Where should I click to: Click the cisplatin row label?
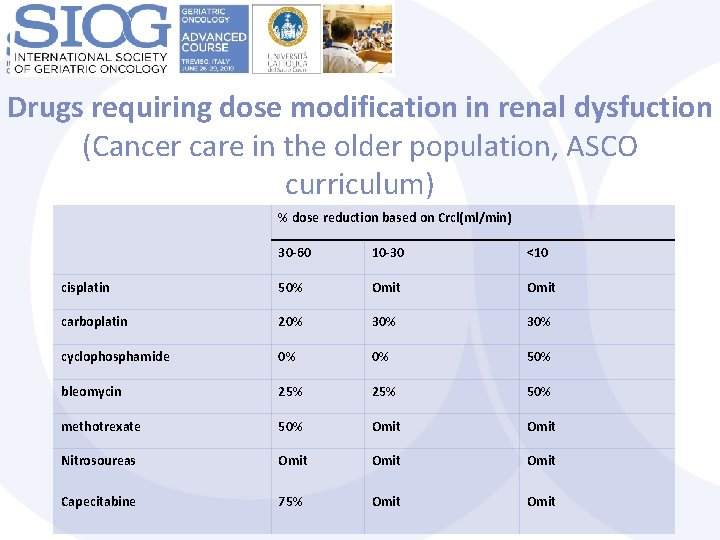pyautogui.click(x=85, y=288)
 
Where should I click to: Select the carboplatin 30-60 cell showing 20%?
pyautogui.click(x=292, y=322)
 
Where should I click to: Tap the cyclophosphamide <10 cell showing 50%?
pyautogui.click(x=539, y=357)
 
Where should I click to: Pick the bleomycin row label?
pyautogui.click(x=91, y=392)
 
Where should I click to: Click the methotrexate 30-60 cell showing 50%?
pyautogui.click(x=292, y=427)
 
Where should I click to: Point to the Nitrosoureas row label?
pyautogui.click(x=98, y=461)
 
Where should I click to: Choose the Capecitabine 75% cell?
pyautogui.click(x=292, y=502)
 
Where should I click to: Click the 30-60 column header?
pyautogui.click(x=294, y=252)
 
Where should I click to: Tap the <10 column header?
pyautogui.click(x=537, y=252)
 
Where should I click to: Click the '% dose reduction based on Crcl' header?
pyautogui.click(x=394, y=217)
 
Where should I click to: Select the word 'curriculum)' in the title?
pyautogui.click(x=359, y=185)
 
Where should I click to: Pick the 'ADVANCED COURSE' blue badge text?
pyautogui.click(x=213, y=42)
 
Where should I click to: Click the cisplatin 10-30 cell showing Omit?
pyautogui.click(x=386, y=288)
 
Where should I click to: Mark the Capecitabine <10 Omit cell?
pyautogui.click(x=541, y=502)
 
